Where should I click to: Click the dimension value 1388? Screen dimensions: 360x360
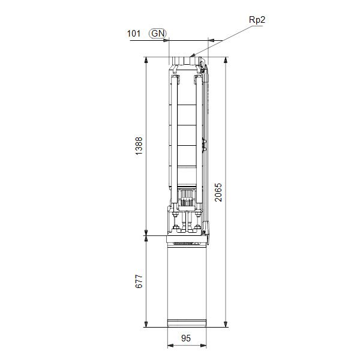[139, 147]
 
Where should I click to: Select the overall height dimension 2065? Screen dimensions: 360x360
[219, 192]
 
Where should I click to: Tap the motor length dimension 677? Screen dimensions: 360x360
[139, 282]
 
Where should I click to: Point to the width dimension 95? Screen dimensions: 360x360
[186, 339]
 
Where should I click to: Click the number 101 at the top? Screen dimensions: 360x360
[134, 33]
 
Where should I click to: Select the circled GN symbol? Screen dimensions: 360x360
[158, 33]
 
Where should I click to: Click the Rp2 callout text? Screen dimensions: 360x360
[257, 19]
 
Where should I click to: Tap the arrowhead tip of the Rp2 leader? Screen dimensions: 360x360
[190, 56]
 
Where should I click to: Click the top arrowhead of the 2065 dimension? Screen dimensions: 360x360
[226, 60]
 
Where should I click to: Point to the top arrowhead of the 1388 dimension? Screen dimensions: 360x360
[146, 60]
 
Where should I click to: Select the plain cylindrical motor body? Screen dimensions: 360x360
[187, 282]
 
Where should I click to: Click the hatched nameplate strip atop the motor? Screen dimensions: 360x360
[187, 244]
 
